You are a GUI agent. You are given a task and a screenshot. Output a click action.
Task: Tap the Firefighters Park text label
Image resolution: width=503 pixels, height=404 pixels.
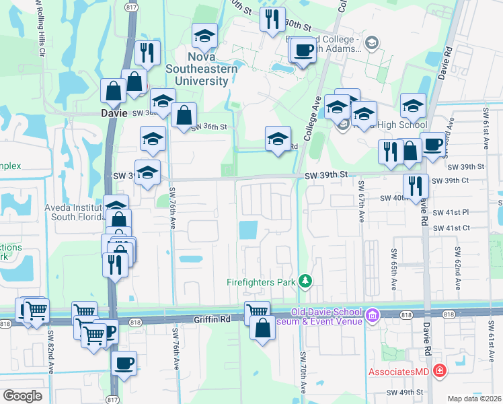coord(261,283)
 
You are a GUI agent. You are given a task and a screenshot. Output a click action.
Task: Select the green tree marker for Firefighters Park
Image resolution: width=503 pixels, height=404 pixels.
coord(305,280)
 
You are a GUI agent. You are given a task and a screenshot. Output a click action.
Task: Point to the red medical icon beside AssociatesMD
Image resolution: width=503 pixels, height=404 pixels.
coord(439,370)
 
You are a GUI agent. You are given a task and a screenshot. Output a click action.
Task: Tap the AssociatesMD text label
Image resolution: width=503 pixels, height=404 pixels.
coord(399,372)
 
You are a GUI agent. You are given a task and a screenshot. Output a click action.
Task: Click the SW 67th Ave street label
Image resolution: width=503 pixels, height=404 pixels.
coord(362,202)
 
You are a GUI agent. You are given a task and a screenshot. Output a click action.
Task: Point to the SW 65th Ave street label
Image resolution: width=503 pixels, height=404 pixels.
coord(394,268)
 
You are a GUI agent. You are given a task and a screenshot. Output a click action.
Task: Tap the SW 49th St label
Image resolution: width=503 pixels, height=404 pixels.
coord(404,391)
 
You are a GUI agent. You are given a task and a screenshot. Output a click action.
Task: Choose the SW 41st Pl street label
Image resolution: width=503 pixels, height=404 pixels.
coord(451,212)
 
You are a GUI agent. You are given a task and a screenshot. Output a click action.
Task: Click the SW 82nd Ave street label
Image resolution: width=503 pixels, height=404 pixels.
coord(51,351)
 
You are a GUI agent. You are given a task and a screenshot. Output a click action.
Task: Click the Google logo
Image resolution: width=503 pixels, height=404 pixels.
coord(22,396)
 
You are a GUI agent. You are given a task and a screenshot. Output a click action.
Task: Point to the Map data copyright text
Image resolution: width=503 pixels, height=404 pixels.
coord(474,399)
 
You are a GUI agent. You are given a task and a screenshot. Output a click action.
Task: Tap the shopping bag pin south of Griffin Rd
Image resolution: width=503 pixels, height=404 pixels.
coord(262,329)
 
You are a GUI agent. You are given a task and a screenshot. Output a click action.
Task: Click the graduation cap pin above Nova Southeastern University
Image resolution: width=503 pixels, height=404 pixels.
coord(204,36)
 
